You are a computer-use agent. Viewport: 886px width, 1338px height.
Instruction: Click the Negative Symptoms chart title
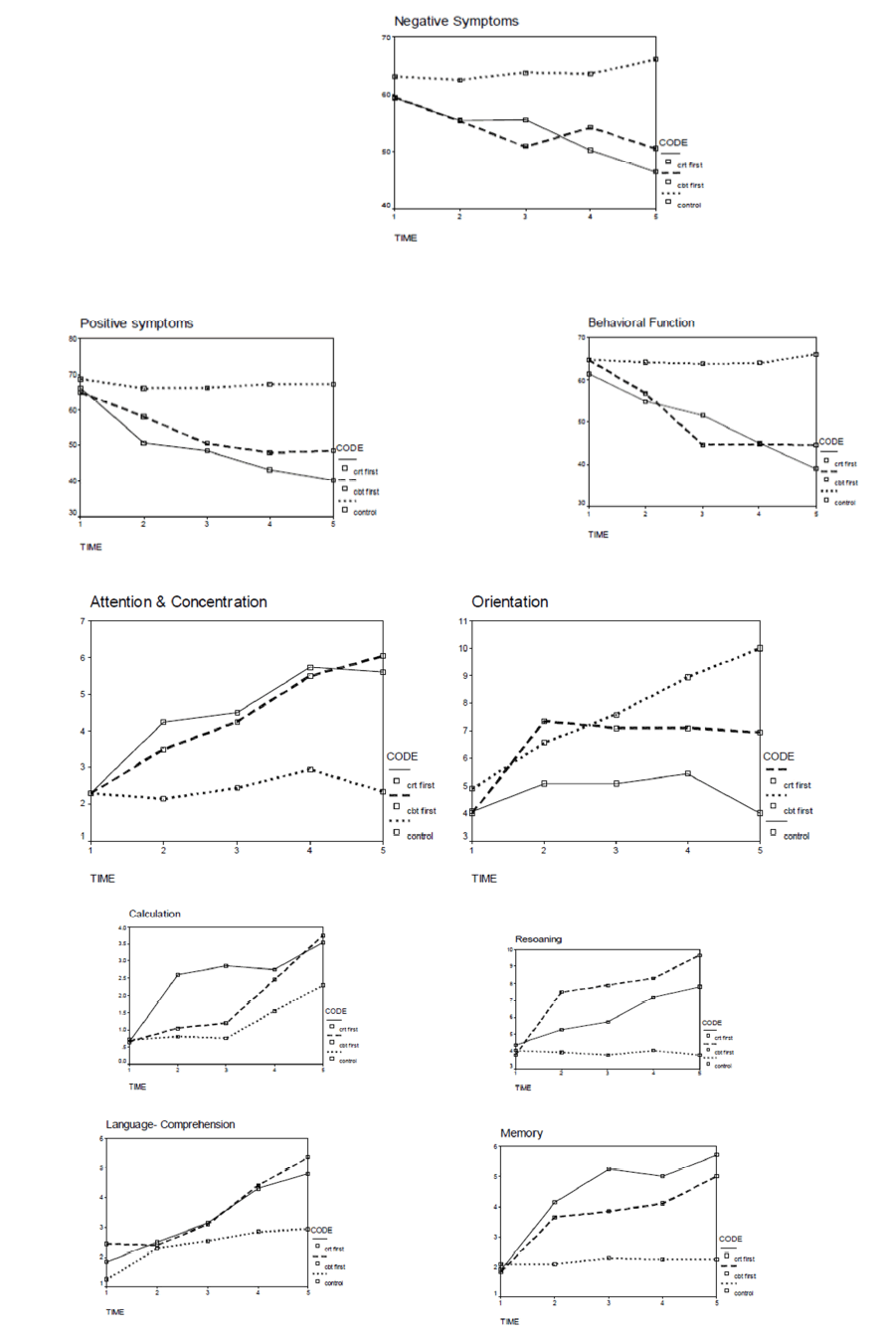coord(455,21)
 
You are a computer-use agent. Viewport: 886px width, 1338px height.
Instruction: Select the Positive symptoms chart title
coord(136,323)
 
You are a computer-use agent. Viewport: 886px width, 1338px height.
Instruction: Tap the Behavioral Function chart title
coord(641,322)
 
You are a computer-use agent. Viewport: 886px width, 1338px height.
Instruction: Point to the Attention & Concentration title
coord(178,602)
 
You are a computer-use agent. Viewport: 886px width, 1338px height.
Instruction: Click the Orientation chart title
coord(509,602)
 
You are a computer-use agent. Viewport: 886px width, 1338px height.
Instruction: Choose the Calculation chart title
coord(155,914)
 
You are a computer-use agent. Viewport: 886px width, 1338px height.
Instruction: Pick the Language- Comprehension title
coord(171,1124)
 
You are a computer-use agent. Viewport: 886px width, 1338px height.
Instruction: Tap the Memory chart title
coord(522,1132)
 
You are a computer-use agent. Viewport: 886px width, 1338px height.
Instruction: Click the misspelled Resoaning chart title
coord(540,938)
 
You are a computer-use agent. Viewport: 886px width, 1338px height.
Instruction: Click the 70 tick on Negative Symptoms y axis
coord(385,38)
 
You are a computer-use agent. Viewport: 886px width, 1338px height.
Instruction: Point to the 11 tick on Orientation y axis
coord(462,621)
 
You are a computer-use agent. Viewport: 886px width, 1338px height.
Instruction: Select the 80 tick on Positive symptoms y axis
coord(73,339)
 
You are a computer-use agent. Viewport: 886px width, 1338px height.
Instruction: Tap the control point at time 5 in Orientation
coord(760,648)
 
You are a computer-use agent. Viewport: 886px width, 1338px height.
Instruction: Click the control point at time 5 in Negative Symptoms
coord(655,60)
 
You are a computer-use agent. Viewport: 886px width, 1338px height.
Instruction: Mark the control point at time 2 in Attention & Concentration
coord(163,798)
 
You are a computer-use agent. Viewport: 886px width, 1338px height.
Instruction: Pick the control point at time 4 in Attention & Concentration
coord(310,769)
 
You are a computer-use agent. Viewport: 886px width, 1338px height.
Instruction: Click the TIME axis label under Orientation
coord(484,878)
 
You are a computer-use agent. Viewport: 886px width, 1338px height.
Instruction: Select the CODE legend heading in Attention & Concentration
coord(402,756)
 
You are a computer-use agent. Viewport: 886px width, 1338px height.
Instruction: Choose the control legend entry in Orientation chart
coord(797,836)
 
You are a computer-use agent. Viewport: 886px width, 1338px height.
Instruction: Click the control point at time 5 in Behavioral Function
coord(815,354)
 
